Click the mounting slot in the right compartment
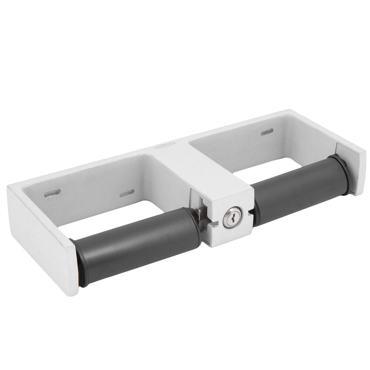coord(267,132)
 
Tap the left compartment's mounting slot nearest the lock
coord(127,193)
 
